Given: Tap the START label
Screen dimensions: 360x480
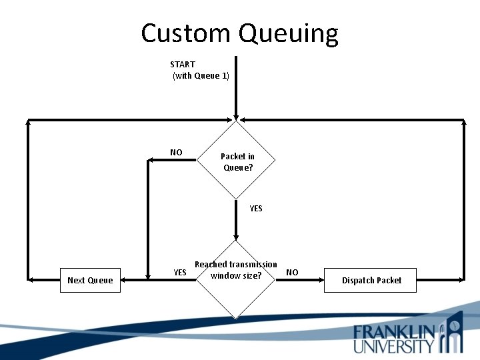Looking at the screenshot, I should (x=183, y=64).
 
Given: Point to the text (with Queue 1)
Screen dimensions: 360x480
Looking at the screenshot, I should (x=201, y=76).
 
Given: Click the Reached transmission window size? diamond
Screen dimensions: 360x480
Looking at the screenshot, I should (x=235, y=279).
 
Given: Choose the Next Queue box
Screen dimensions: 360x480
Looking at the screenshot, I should (x=91, y=280).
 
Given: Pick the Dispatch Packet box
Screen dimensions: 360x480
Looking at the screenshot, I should (x=371, y=280).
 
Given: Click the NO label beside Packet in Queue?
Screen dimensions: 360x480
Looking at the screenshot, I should (x=176, y=152).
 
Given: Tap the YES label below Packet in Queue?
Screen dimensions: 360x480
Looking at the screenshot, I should (x=256, y=208).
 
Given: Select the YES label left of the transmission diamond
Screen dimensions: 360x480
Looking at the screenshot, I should (x=180, y=272).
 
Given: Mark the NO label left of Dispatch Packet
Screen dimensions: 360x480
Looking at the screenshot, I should (x=292, y=272).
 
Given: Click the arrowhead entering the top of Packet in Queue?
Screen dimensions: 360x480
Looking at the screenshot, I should (x=235, y=117).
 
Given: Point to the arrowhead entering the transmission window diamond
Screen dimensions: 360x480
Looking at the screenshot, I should (x=235, y=237).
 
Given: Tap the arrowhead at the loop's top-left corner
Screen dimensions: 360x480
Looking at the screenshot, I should (x=29, y=122).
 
